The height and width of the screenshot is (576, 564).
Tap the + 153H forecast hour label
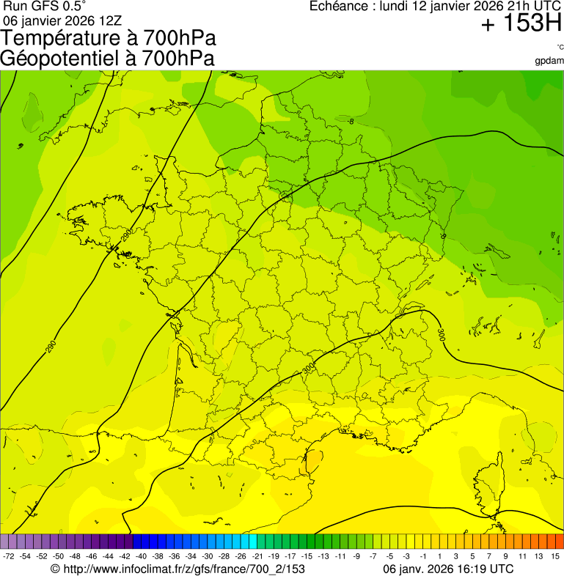(x=521, y=24)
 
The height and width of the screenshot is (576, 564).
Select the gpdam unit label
(x=549, y=60)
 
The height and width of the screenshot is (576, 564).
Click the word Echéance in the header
(x=340, y=7)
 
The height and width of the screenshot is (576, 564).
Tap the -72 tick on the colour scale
(x=9, y=556)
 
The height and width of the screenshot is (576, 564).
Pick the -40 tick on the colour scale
(x=140, y=556)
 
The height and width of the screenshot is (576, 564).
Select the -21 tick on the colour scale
(x=257, y=556)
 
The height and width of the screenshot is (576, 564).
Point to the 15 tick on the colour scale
(x=556, y=556)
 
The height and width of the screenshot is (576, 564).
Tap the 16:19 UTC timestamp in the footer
(x=481, y=569)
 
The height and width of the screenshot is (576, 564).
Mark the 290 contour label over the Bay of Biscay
(x=51, y=347)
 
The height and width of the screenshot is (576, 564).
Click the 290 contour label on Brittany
(x=127, y=235)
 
